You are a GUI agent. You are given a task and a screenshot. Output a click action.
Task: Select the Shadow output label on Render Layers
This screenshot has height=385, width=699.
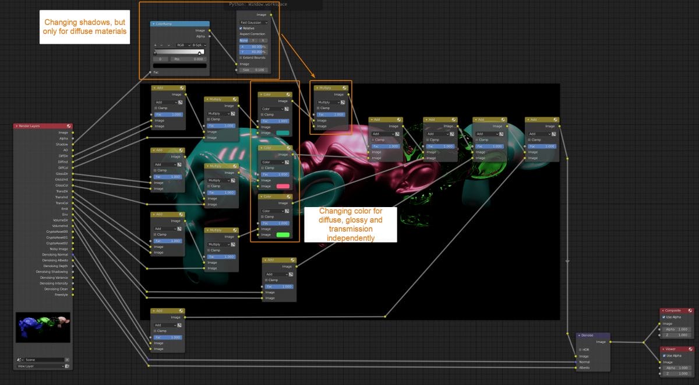pos(62,144)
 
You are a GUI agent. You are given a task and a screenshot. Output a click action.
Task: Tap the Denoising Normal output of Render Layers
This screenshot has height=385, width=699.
pos(55,254)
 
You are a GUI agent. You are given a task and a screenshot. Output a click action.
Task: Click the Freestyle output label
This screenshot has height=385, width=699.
pos(61,295)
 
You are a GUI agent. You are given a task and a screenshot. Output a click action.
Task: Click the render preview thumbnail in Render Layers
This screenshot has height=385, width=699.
pos(43,327)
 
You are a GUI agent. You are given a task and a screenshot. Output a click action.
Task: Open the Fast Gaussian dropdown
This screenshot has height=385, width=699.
pos(254,22)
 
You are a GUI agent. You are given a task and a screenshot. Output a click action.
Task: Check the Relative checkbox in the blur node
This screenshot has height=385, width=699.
pos(241,28)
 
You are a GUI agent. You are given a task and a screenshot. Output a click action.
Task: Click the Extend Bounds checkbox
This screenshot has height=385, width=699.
pos(241,58)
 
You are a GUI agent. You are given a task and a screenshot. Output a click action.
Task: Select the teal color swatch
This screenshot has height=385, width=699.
pos(283,133)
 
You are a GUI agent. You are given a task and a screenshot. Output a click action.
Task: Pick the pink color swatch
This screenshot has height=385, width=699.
pos(283,186)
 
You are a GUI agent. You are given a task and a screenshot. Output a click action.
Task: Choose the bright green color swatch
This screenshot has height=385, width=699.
pos(283,235)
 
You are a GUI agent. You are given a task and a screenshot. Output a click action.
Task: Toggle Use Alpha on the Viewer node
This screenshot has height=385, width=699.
pos(664,355)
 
